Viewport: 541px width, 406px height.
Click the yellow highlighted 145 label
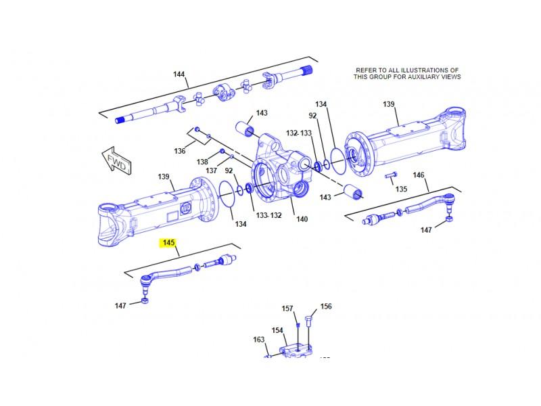(167, 242)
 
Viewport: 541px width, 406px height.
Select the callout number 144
(179, 74)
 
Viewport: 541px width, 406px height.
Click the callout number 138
(202, 162)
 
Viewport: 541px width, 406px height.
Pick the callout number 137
(212, 170)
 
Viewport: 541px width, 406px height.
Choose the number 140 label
(302, 219)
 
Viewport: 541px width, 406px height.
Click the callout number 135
(402, 189)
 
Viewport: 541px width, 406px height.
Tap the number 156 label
(326, 307)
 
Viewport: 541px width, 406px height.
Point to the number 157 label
(287, 309)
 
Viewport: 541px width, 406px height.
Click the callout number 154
(277, 330)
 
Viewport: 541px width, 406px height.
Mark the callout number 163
(259, 340)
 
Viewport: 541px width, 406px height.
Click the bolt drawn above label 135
(391, 177)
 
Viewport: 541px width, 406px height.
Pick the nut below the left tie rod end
(144, 300)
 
